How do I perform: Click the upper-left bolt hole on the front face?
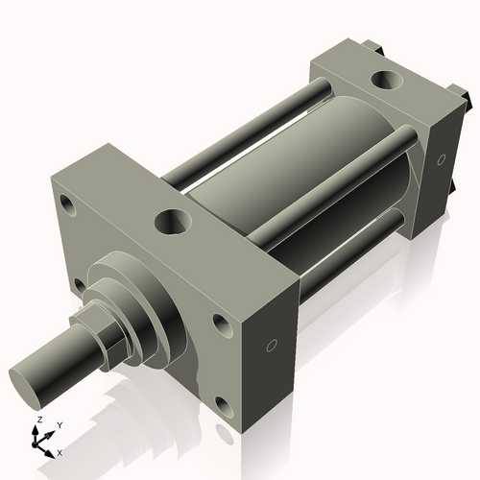coord(66,204)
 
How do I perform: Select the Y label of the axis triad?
coord(59,424)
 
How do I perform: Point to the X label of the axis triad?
coord(60,451)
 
